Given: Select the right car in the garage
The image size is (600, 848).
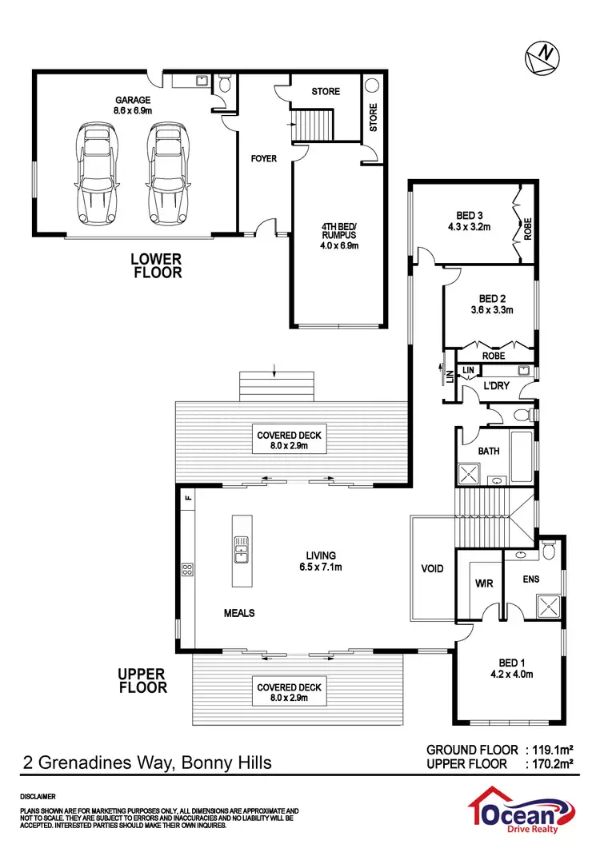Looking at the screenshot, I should (166, 174).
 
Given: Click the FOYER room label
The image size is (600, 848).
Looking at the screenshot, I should (263, 158).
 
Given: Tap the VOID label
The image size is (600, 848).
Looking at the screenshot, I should (432, 569).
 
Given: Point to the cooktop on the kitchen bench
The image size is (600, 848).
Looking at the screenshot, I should (187, 570).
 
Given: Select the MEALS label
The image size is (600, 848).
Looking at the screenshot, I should (239, 613).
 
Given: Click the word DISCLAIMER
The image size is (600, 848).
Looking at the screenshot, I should (38, 797).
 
